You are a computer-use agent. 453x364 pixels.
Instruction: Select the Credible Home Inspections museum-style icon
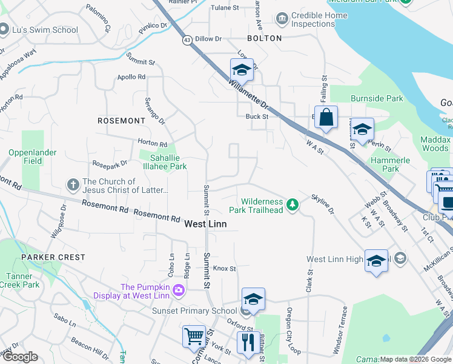[x=282, y=19]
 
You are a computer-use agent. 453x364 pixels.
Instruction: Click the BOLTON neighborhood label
[x=264, y=38]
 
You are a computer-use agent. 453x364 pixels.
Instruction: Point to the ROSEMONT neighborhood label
[x=121, y=121]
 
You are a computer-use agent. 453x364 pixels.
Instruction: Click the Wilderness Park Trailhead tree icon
[x=293, y=204]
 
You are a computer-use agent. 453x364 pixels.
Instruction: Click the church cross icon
[x=72, y=184]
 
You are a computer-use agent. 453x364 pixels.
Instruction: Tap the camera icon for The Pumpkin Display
[x=178, y=291]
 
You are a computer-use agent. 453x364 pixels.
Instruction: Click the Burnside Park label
[x=376, y=98]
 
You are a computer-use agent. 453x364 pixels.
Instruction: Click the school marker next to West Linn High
[x=376, y=261]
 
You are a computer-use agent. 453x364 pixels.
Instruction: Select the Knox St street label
[x=223, y=268]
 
